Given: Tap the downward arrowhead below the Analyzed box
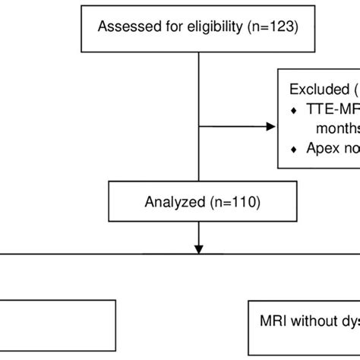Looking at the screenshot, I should click(x=198, y=248).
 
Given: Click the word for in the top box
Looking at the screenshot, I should click(x=158, y=27).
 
